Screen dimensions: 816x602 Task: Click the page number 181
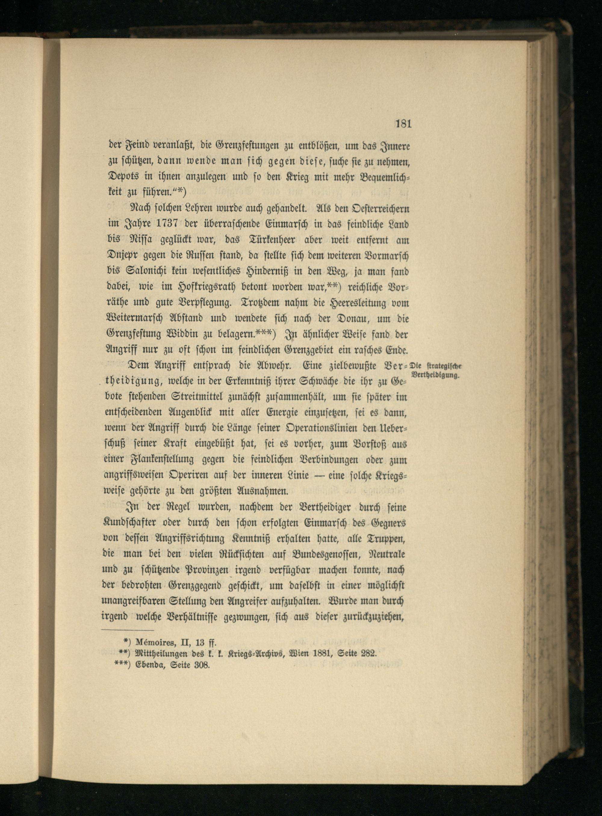point(403,124)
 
